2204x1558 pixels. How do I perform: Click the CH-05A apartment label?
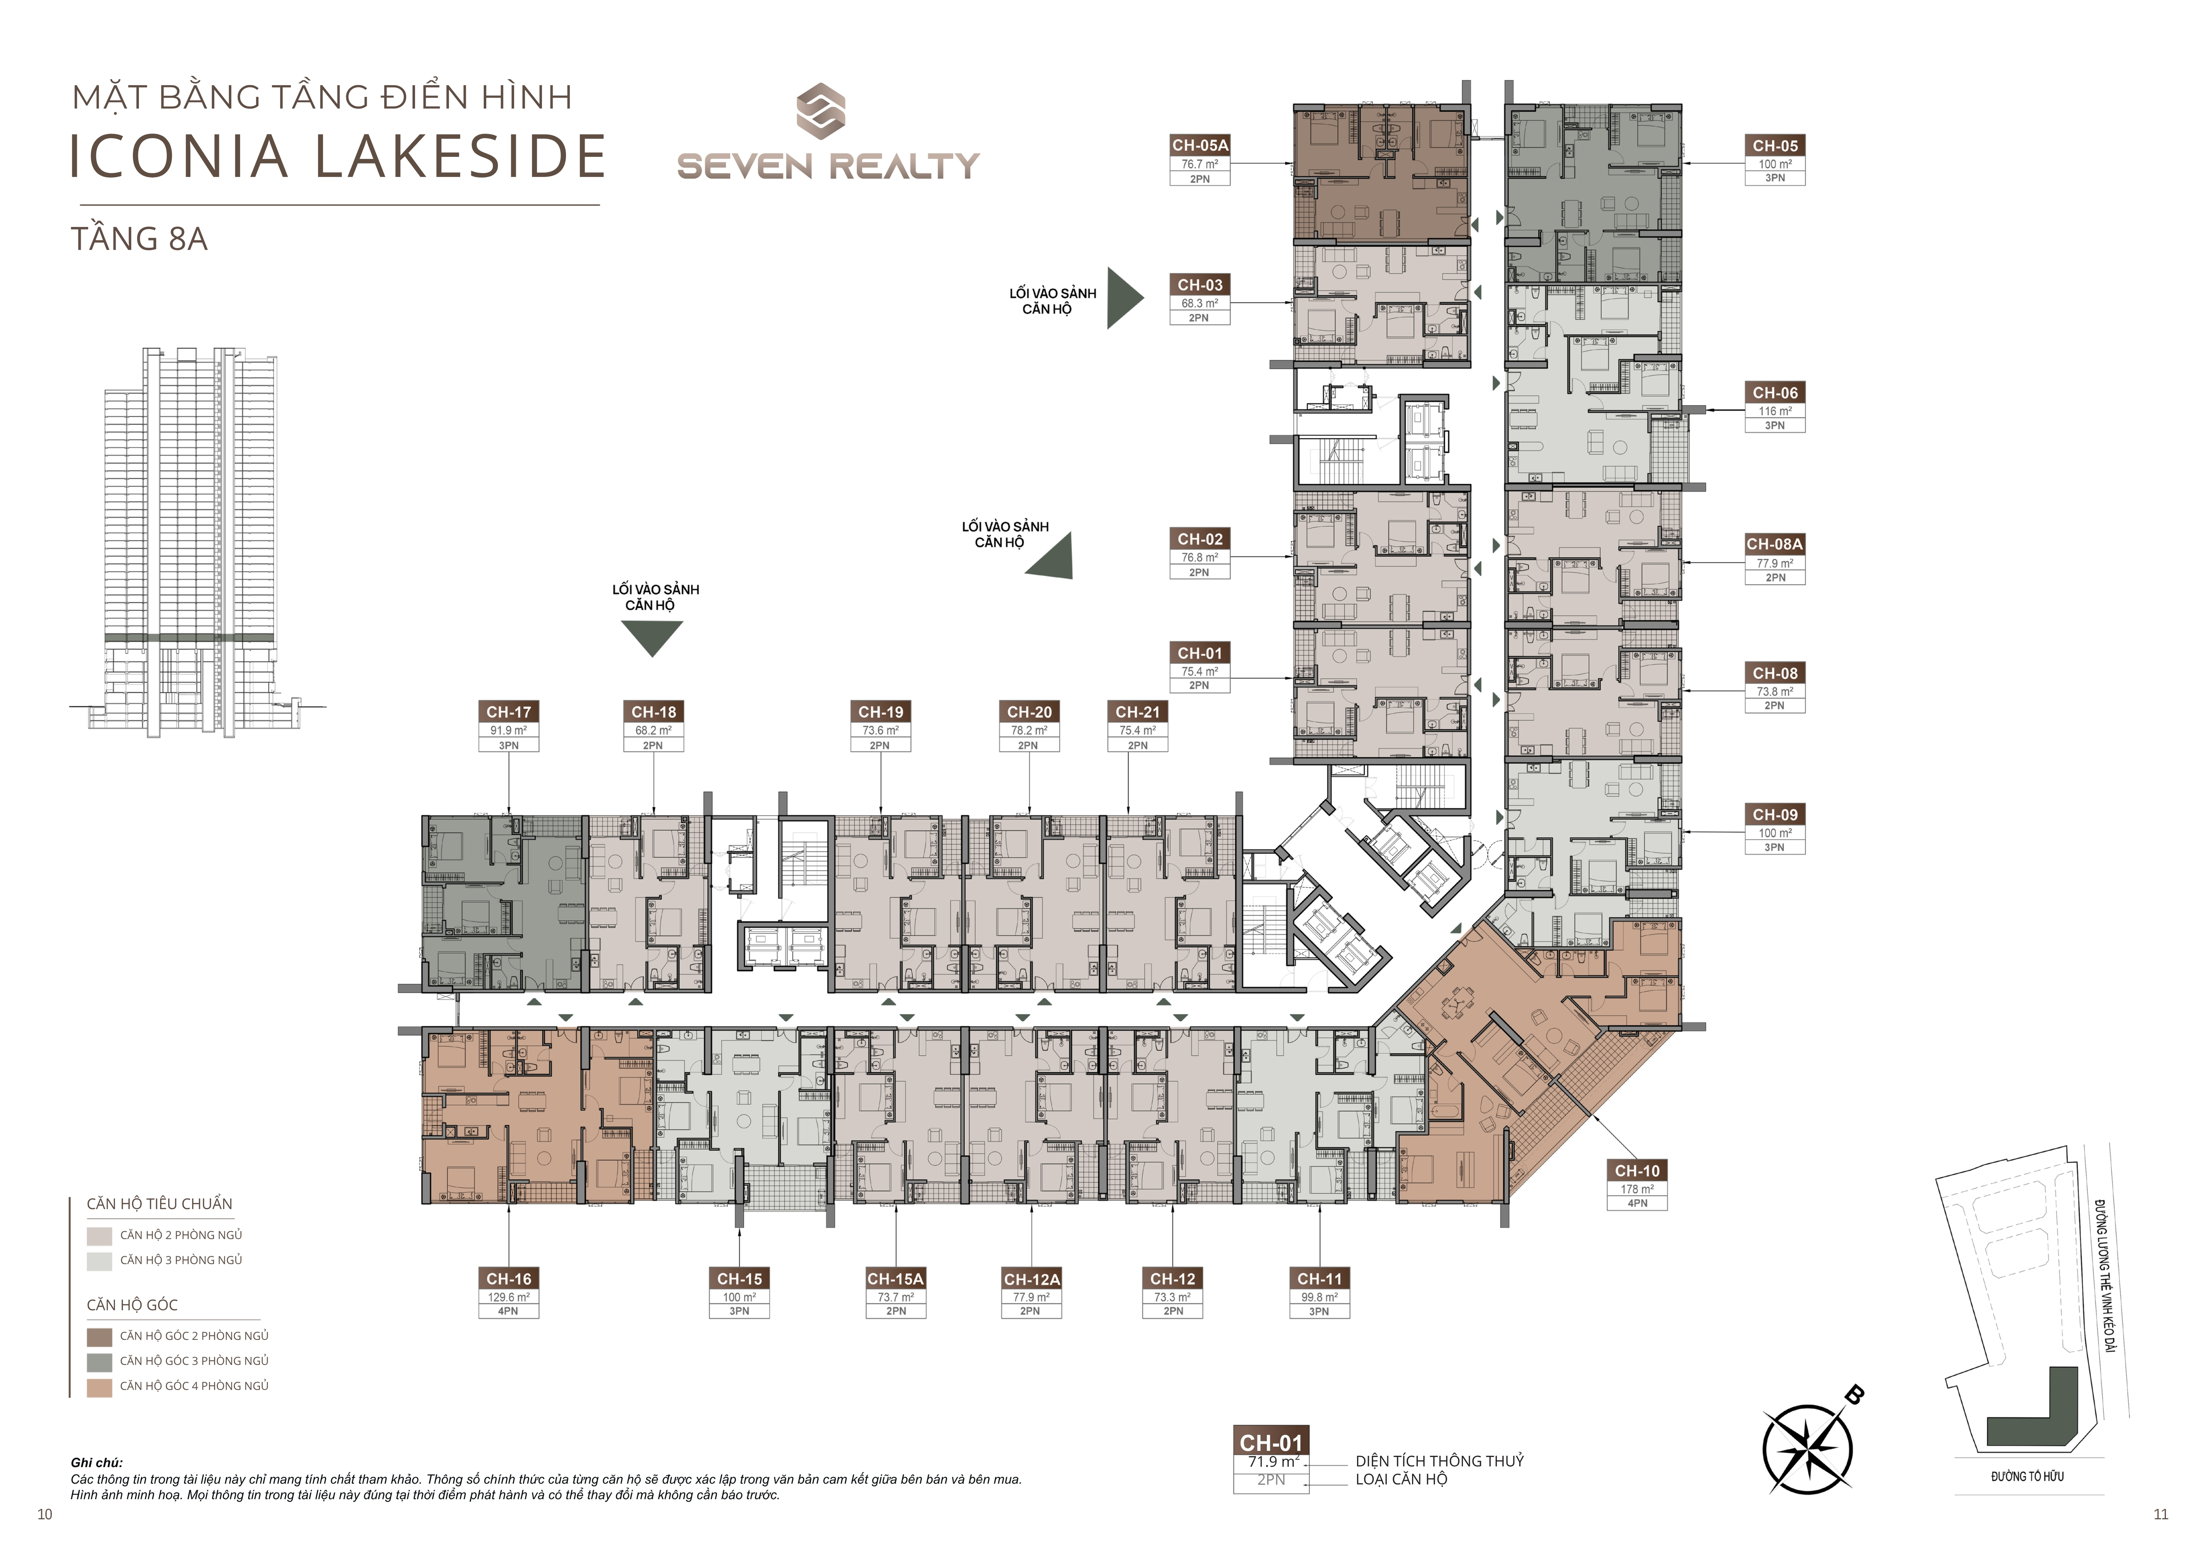tap(1200, 145)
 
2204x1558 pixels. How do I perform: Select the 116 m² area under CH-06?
tap(1775, 411)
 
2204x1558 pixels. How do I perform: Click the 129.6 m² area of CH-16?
tap(509, 1297)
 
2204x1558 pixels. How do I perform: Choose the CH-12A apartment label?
tap(1032, 1279)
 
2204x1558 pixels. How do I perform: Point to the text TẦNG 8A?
tap(139, 239)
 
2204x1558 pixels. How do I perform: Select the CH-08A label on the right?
tap(1775, 543)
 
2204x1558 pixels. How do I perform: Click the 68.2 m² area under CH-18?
tap(653, 731)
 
